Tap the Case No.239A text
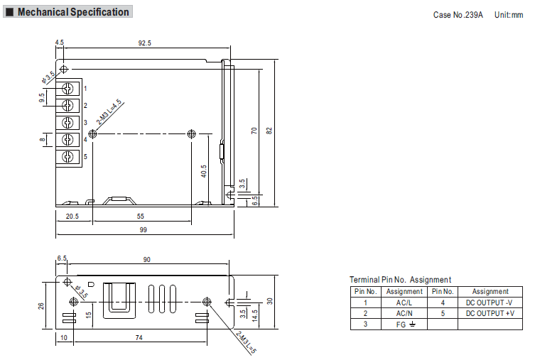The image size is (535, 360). point(458,15)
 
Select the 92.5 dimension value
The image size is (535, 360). point(145,43)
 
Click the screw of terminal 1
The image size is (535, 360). point(67,89)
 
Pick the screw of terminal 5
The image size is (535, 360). point(67,157)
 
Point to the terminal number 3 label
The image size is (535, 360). point(85,122)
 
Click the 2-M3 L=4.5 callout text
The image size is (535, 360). point(109,111)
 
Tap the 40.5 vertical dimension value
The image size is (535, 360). point(204,171)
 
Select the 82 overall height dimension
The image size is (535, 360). point(269,131)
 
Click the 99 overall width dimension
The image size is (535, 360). point(144,230)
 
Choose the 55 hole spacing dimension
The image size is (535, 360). point(141,216)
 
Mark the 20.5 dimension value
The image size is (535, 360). point(72,216)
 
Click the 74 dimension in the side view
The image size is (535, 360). point(139,337)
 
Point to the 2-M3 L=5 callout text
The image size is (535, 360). point(246,342)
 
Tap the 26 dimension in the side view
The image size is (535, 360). point(41,306)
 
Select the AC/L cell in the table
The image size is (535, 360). point(404,302)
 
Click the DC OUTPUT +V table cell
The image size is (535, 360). point(490,313)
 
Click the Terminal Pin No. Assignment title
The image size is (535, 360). point(400,280)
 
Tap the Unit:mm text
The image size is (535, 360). point(509,15)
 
